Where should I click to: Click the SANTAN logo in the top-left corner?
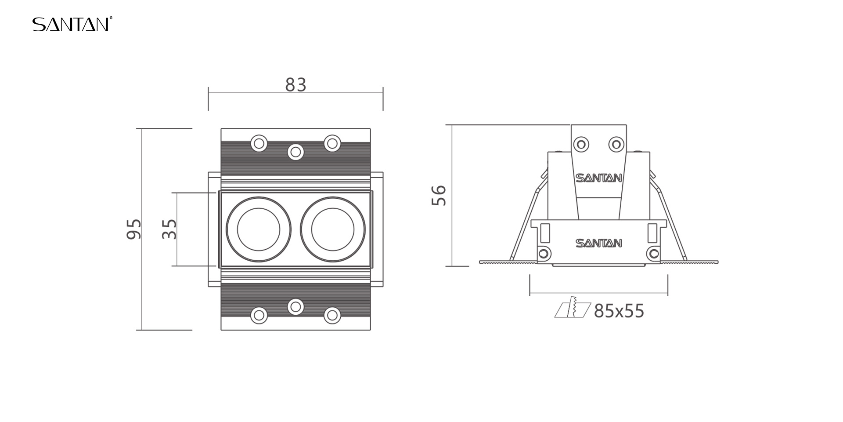pyautogui.click(x=72, y=24)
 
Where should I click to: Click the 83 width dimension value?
pyautogui.click(x=295, y=85)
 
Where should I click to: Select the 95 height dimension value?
pyautogui.click(x=134, y=229)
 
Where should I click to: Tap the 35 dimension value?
pyautogui.click(x=169, y=229)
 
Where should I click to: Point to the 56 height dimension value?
pyautogui.click(x=439, y=196)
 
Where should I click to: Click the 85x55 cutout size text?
pyautogui.click(x=619, y=311)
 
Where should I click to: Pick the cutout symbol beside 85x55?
pyautogui.click(x=573, y=307)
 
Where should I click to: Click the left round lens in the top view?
pyautogui.click(x=259, y=229)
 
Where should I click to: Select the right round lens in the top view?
pyautogui.click(x=332, y=229)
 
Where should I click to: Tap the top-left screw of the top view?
pyautogui.click(x=259, y=143)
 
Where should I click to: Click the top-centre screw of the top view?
pyautogui.click(x=295, y=152)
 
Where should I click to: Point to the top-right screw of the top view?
pyautogui.click(x=332, y=143)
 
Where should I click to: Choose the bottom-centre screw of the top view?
pyautogui.click(x=295, y=306)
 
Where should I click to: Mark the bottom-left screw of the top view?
pyautogui.click(x=259, y=315)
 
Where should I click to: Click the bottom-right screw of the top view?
pyautogui.click(x=332, y=315)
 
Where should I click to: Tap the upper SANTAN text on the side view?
pyautogui.click(x=598, y=178)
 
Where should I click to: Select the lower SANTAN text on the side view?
pyautogui.click(x=598, y=243)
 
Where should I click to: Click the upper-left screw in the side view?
pyautogui.click(x=581, y=144)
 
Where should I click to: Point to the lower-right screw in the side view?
pyautogui.click(x=654, y=254)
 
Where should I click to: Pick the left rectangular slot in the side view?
pyautogui.click(x=545, y=233)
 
